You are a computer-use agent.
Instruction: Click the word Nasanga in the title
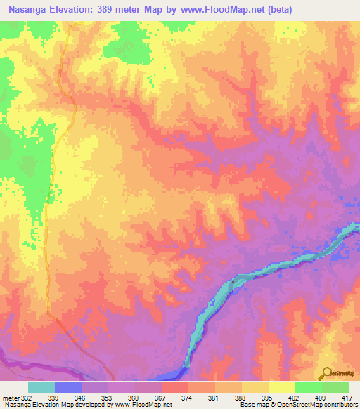[29, 10]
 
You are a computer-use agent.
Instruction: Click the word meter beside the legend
[11, 398]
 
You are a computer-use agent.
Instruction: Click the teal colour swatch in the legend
[41, 387]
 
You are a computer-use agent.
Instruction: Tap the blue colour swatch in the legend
[68, 387]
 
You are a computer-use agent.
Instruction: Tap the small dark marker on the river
[233, 281]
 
